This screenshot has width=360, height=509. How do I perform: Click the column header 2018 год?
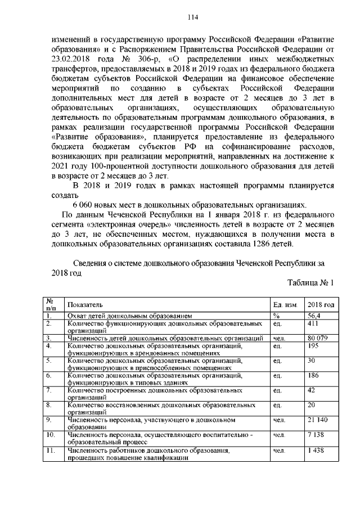tap(321, 304)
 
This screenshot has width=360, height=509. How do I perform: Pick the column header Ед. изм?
tap(285, 304)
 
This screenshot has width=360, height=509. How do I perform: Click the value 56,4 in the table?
tap(314, 317)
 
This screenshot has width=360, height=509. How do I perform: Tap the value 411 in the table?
tap(313, 325)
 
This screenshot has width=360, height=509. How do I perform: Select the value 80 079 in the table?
tap(317, 338)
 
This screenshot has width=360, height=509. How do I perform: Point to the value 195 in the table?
tap(313, 346)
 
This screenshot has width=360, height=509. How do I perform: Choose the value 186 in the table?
tap(313, 375)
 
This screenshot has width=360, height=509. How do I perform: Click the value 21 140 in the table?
tap(318, 420)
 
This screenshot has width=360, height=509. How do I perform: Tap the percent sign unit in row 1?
tap(276, 317)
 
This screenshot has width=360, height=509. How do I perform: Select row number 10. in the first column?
tap(50, 435)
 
